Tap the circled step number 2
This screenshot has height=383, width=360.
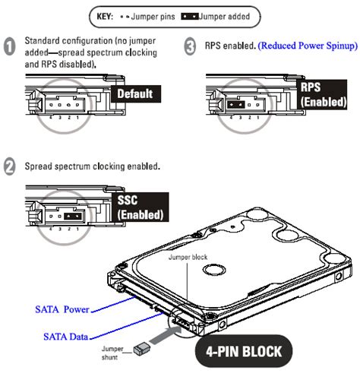pyautogui.click(x=10, y=166)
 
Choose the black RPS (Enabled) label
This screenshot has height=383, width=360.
pyautogui.click(x=323, y=96)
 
